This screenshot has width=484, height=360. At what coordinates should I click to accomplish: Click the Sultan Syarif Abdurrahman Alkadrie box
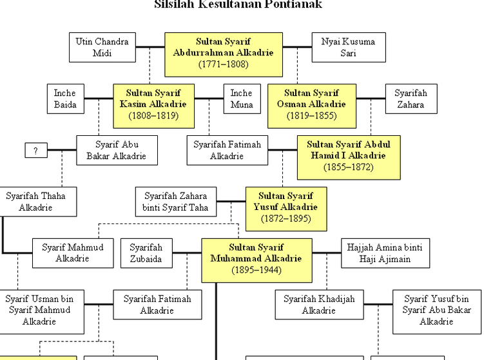coord(223,53)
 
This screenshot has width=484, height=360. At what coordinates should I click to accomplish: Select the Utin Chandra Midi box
coord(102,48)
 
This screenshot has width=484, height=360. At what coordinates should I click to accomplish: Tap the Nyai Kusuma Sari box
coord(348,48)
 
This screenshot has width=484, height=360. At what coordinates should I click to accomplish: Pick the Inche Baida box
coord(65,99)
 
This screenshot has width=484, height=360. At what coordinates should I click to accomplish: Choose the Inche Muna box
coord(241,99)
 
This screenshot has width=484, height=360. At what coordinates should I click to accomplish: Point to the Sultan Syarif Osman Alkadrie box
coord(311,104)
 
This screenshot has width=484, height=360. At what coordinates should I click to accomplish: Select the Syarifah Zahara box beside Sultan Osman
coord(411,99)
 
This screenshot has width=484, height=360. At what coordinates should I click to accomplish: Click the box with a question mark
coord(35,151)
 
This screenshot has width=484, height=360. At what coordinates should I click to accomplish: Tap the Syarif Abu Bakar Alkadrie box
coord(117,150)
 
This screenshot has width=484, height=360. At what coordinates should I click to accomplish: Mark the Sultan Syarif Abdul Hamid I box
coord(348,156)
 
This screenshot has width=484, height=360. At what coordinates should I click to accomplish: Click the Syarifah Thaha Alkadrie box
coord(35,201)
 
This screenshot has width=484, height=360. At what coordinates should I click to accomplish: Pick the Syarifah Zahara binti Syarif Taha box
coord(176,201)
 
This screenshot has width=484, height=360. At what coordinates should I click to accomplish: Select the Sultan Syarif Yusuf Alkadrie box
coord(286,207)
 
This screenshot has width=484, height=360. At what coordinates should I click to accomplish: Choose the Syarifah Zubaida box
coord(146,252)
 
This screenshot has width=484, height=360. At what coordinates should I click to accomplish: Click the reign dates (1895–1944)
coord(257,270)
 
